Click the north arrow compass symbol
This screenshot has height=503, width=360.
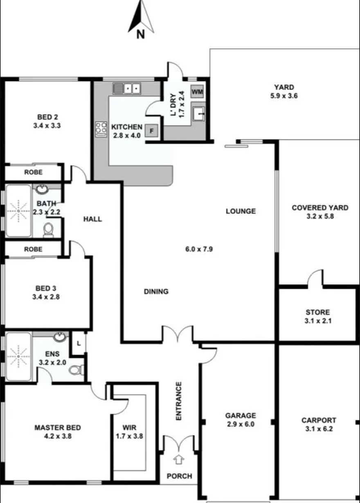point(141,19)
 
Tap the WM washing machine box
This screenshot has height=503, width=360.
point(197,91)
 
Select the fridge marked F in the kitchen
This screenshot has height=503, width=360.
point(151,131)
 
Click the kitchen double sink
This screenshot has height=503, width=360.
point(127,89)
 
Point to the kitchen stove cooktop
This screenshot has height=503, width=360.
point(101,129)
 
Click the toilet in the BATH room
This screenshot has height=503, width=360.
point(48,230)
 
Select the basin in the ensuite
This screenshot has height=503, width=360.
point(59,337)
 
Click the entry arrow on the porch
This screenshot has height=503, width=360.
point(178,459)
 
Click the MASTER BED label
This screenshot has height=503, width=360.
point(58,427)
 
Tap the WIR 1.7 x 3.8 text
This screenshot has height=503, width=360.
point(129,431)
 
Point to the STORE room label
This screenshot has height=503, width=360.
point(318,312)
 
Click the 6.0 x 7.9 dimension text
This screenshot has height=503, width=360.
point(199,249)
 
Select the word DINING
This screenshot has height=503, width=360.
point(156,292)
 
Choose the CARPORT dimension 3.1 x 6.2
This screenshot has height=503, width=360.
point(319,429)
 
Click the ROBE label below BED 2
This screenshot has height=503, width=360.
point(34,172)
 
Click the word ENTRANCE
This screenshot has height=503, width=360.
point(178,401)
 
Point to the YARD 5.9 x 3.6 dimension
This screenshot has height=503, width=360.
point(284,96)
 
